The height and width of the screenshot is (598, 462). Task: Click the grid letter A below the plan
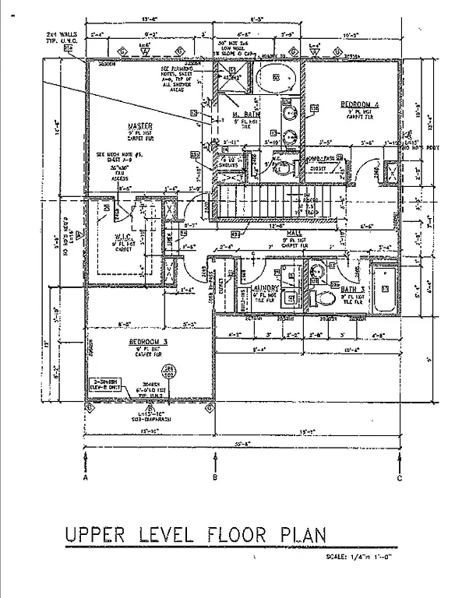click(84, 478)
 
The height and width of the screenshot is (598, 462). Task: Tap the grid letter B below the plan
click(214, 478)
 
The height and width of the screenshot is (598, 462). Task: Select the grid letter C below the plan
click(399, 478)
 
